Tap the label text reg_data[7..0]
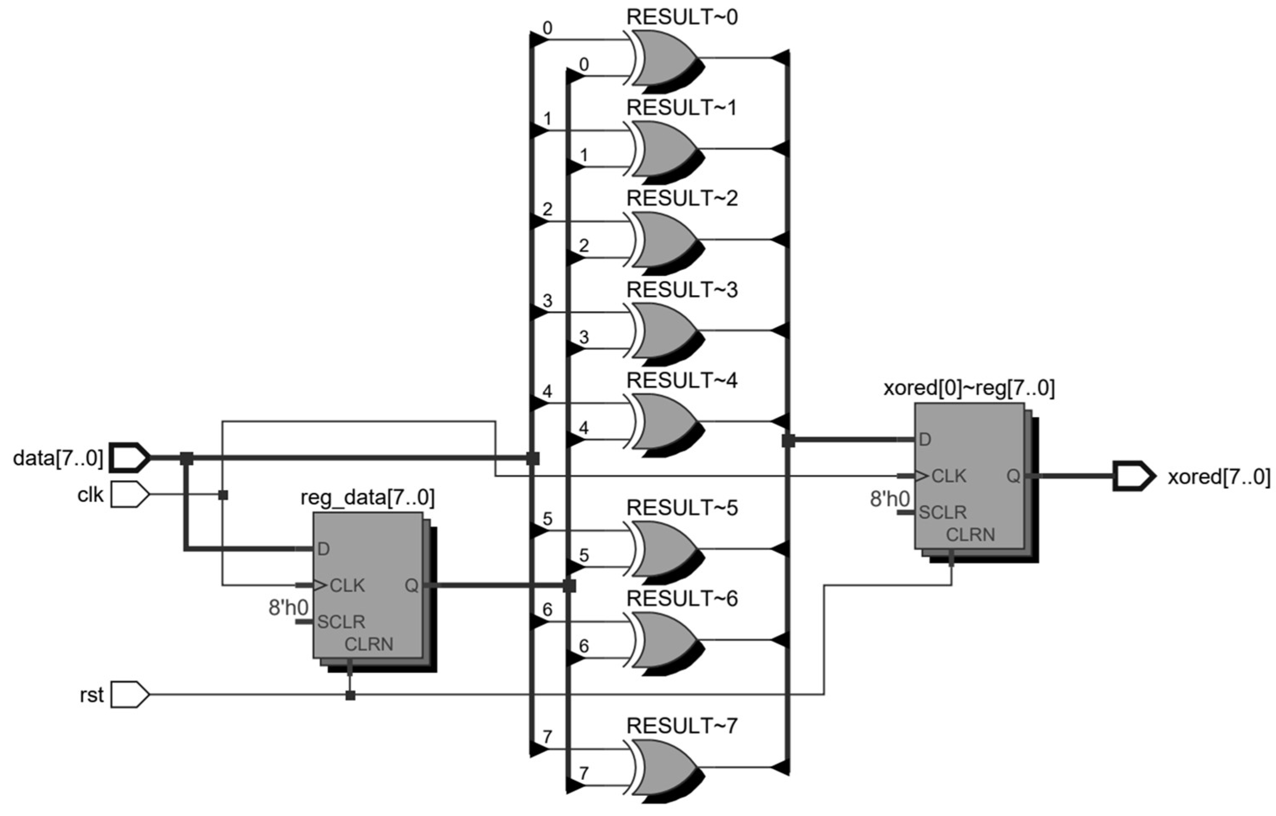[x=367, y=498]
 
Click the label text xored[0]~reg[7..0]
[x=969, y=388]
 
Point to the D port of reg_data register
[x=324, y=549]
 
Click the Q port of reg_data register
[x=411, y=586]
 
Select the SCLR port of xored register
[x=942, y=512]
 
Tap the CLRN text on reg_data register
[x=369, y=644]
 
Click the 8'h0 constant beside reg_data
[x=288, y=608]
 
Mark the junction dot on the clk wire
[x=223, y=495]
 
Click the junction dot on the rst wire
[x=350, y=695]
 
